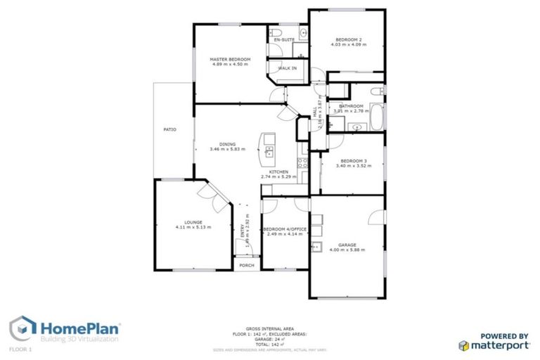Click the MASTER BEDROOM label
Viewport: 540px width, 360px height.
231,59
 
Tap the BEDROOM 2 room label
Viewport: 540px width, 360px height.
348,39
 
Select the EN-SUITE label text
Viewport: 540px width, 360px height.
283,40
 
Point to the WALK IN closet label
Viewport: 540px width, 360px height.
287,68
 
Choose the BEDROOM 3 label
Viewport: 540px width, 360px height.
352,161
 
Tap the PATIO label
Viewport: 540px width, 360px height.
169,129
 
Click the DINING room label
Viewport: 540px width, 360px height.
227,144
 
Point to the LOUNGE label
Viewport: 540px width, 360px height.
193,222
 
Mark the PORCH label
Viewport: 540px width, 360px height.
246,265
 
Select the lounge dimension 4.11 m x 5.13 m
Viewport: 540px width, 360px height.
193,227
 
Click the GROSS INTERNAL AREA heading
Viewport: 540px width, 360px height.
270,328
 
